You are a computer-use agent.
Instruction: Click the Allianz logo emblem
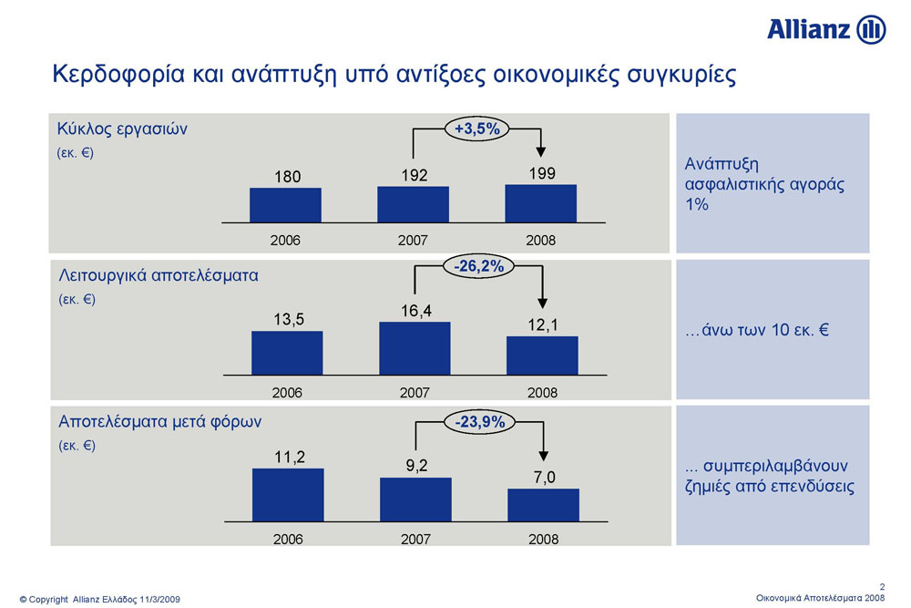click(871, 30)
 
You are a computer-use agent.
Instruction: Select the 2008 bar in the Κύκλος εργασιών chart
click(541, 203)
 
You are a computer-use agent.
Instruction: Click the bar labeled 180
click(285, 205)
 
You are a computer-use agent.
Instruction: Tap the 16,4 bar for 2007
click(415, 348)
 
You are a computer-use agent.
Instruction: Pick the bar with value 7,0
click(543, 505)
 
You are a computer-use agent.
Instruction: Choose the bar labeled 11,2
click(288, 495)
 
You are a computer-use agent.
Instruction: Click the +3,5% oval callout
click(477, 129)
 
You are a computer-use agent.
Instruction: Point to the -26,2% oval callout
click(479, 266)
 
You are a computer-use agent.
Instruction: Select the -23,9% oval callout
click(479, 421)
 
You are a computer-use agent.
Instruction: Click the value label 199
click(542, 173)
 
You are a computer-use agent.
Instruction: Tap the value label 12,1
click(543, 325)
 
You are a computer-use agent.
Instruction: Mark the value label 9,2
click(416, 466)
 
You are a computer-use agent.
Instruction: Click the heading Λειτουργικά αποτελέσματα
click(158, 275)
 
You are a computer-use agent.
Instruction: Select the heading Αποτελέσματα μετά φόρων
click(159, 421)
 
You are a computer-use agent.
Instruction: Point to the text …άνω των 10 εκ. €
click(756, 330)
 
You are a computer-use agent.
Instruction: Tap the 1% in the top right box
click(697, 204)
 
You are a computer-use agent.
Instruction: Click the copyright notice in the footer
click(100, 599)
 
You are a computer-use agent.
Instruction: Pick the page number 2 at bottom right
click(882, 587)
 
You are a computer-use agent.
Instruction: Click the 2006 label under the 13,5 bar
click(287, 393)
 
